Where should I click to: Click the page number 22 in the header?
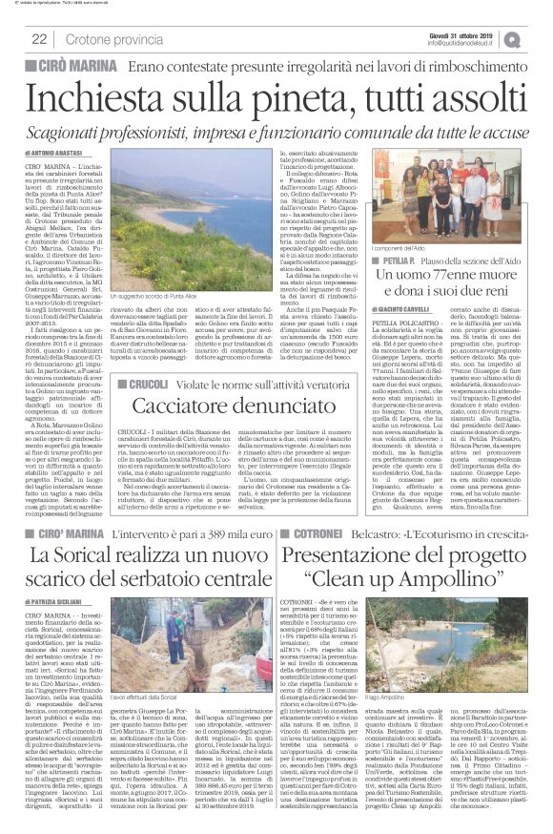point(39,38)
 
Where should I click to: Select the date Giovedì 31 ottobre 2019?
point(486,33)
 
